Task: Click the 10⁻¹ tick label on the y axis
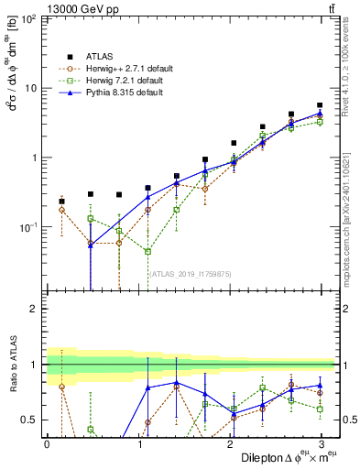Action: (27, 226)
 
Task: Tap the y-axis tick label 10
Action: (31, 88)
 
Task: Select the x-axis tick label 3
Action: (321, 443)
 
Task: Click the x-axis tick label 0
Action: (47, 443)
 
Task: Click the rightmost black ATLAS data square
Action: (320, 105)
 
